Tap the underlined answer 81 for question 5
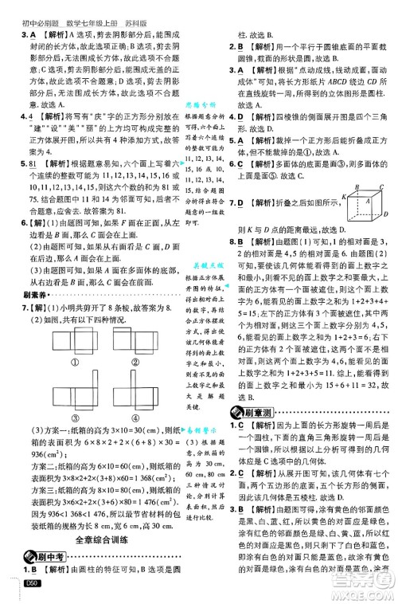click(33, 163)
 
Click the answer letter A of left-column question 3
click(33, 35)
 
